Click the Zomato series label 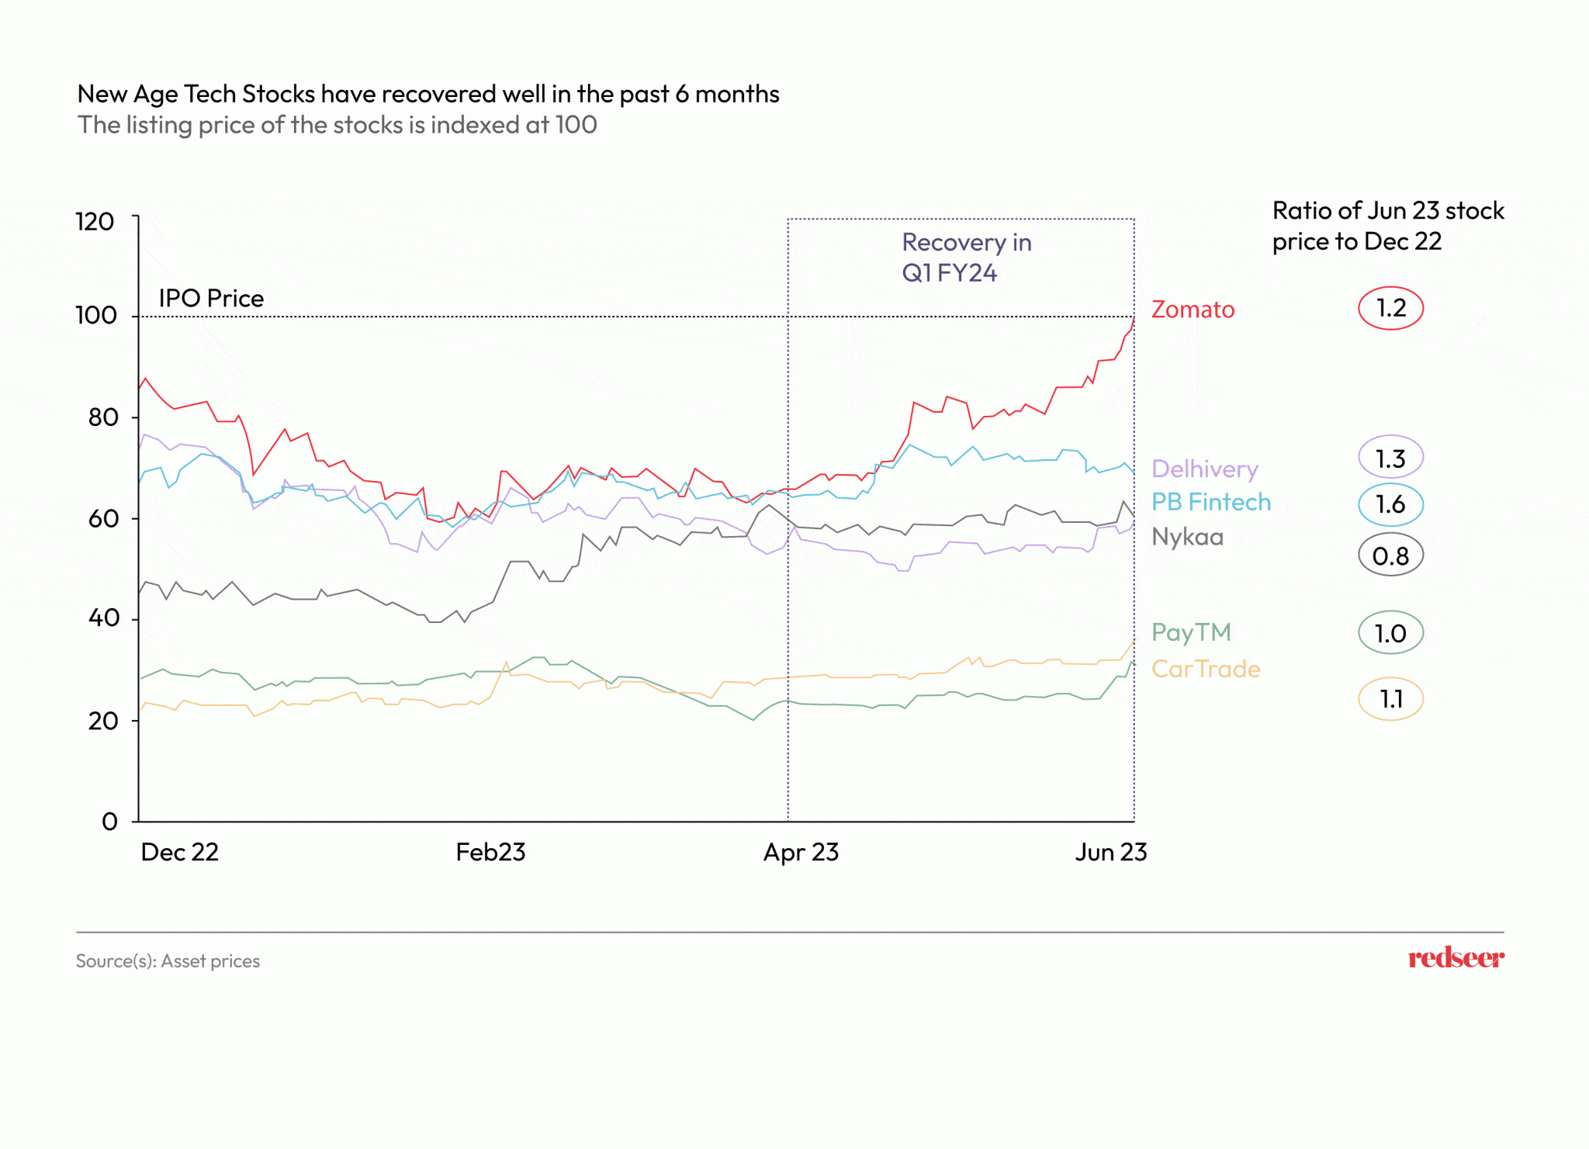[x=1193, y=310]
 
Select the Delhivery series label [x=1204, y=469]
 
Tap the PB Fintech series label [x=1210, y=503]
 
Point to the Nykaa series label [x=1187, y=537]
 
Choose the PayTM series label [x=1191, y=632]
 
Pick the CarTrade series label [x=1206, y=669]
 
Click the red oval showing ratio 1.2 [x=1390, y=308]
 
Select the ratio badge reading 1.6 [x=1390, y=504]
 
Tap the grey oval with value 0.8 [x=1390, y=555]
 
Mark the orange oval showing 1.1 [x=1390, y=699]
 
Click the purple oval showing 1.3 [x=1390, y=459]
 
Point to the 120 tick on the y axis [x=95, y=222]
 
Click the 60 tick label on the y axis [x=103, y=518]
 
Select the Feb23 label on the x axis [x=490, y=853]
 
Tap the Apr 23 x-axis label [x=801, y=853]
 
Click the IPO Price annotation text [x=211, y=299]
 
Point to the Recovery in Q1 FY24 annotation [x=966, y=258]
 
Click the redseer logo [x=1456, y=959]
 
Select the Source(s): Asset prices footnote [x=168, y=961]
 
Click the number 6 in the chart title [x=681, y=95]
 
